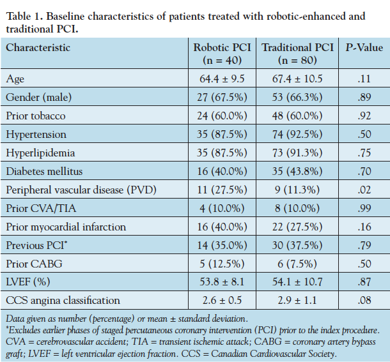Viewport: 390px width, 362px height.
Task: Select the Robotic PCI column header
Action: tap(223, 54)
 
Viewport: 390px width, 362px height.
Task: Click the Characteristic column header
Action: tap(38, 47)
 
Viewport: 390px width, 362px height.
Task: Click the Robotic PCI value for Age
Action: tap(223, 79)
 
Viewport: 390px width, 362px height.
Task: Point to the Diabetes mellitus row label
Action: tap(45, 171)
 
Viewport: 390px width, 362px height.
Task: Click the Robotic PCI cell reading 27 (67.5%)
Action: tap(223, 97)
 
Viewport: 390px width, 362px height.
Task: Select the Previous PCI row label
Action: tap(35, 245)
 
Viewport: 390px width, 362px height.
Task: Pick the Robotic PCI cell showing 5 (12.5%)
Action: tap(223, 264)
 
